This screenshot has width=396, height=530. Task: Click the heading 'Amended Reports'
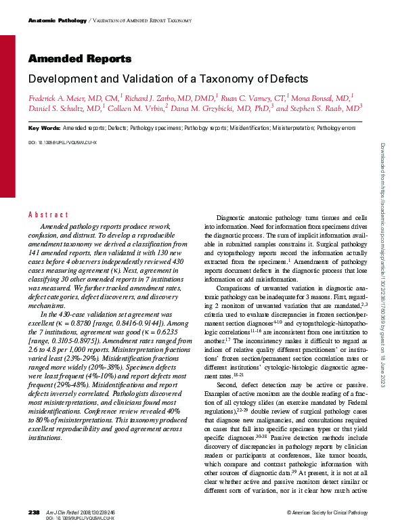(80, 60)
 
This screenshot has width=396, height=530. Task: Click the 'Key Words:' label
(44, 128)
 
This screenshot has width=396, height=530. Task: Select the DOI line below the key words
(62, 143)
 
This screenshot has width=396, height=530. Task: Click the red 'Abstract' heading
(48, 215)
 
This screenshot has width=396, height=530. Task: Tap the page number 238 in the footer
(34, 513)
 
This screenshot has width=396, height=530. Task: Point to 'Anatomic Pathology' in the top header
(58, 21)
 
